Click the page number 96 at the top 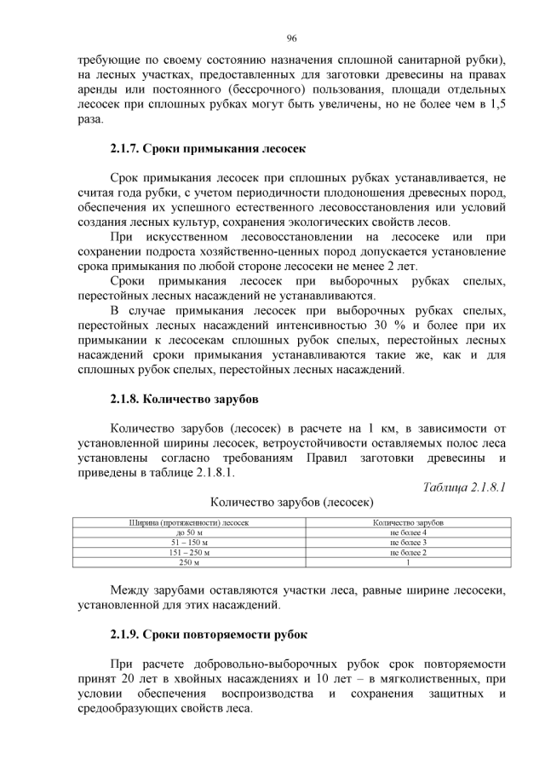[x=290, y=38]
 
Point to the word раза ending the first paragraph [x=89, y=119]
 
